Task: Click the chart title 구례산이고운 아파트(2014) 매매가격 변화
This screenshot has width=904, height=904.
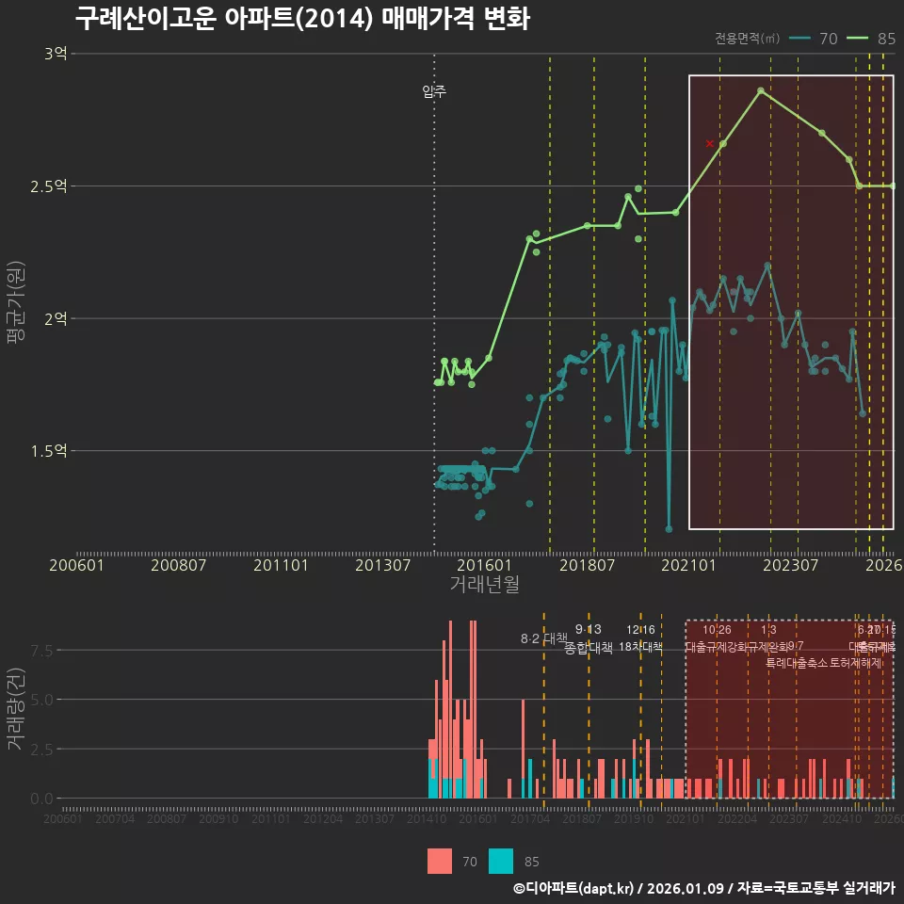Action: (301, 18)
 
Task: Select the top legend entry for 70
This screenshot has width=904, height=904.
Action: (815, 39)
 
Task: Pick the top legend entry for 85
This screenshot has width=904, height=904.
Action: (872, 39)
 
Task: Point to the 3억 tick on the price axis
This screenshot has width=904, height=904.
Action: (56, 54)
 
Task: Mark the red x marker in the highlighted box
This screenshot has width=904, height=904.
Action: (710, 143)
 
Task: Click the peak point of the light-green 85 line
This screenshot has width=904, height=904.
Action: (761, 90)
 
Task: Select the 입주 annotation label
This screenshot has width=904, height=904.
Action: (434, 91)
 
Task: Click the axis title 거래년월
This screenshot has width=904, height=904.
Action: (484, 584)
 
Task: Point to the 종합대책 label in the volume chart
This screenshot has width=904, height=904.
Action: (589, 648)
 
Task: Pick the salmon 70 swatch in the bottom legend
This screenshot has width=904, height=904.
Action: (439, 861)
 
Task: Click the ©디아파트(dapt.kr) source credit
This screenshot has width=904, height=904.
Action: (575, 888)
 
